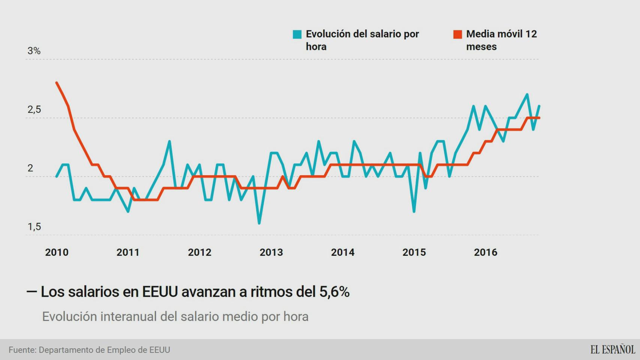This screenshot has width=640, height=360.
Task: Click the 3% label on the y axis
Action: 34,51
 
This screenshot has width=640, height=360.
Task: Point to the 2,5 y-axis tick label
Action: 34,109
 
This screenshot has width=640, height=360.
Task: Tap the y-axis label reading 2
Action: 30,168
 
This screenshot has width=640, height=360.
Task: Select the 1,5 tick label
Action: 34,226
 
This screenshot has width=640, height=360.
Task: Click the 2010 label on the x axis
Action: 57,252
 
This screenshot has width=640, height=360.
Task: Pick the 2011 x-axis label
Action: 128,252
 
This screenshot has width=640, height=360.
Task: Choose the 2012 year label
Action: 200,252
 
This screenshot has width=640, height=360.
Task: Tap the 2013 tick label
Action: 271,252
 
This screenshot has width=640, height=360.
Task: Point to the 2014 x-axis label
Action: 343,252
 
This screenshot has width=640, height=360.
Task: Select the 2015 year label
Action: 414,252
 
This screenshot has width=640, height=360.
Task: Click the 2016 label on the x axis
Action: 485,252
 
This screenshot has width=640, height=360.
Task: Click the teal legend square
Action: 297,34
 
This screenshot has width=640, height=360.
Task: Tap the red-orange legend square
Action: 458,34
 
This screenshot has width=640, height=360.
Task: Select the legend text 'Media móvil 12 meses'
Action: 501,40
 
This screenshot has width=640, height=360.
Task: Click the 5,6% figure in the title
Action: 334,292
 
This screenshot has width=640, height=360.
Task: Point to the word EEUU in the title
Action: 160,292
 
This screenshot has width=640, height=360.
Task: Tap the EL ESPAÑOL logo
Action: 613,349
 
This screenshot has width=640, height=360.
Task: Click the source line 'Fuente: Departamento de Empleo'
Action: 89,350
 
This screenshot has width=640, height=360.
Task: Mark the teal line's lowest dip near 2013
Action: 259,223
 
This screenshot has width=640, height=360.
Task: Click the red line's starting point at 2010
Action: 57,82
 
